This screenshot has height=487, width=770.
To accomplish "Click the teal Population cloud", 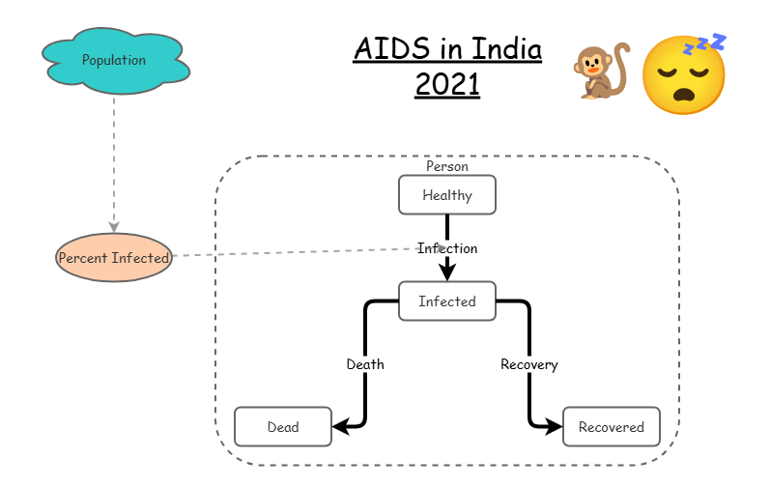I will click(114, 60).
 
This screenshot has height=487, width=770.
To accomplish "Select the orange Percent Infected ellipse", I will click(113, 258).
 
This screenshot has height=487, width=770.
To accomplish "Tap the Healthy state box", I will click(446, 195).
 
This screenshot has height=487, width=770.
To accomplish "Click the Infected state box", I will click(446, 301).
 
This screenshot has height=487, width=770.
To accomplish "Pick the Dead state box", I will click(282, 426).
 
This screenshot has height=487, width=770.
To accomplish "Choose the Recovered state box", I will click(611, 426).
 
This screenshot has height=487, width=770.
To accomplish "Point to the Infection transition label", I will click(447, 248).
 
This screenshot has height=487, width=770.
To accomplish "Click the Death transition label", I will click(365, 364).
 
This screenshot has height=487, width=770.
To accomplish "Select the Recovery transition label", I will click(528, 364).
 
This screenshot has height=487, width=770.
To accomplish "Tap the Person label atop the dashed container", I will click(446, 166).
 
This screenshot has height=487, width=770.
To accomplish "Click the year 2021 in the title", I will click(447, 84).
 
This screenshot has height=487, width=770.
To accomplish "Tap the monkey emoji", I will click(599, 72).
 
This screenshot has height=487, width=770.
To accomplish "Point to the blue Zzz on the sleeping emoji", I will click(706, 43).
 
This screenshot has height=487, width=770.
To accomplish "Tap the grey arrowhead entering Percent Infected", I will click(114, 226).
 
